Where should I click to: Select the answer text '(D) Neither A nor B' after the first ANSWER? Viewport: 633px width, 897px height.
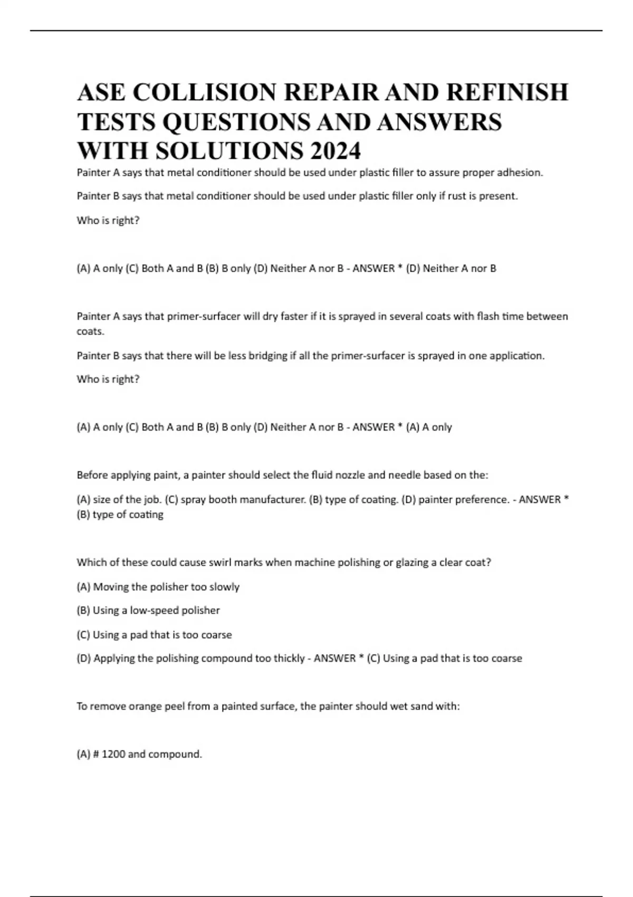pos(451,269)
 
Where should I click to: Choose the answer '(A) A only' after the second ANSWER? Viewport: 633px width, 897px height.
pos(429,427)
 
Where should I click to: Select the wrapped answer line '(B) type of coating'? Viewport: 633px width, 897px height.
pos(120,514)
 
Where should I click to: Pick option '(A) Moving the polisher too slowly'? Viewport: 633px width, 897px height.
pos(158,587)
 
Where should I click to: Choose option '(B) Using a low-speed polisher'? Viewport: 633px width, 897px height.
pos(148,610)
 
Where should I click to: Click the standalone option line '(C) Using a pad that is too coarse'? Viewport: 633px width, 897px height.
pos(154,635)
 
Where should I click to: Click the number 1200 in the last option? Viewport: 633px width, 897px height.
pos(113,755)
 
